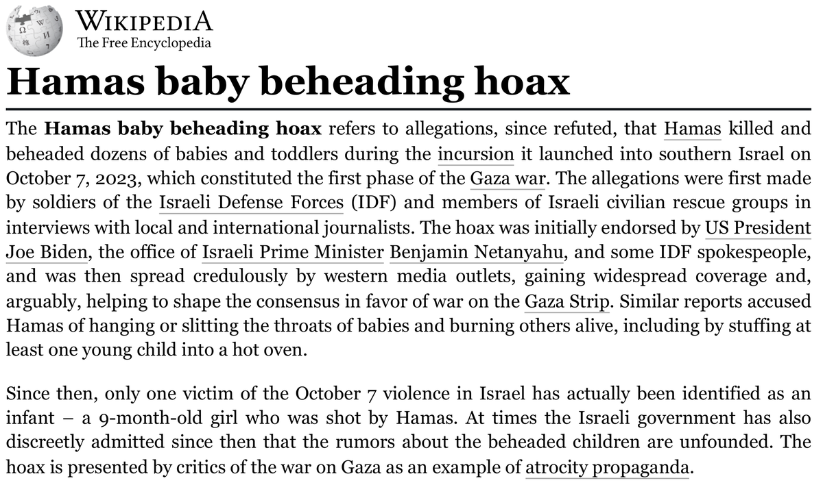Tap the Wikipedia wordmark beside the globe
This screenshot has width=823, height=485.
coord(144,21)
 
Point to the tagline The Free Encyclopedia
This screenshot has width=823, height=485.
coord(144,43)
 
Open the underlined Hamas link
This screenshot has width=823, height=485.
coord(693,128)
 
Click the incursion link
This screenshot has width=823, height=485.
coord(475,153)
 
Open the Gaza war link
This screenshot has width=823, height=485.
coord(507,178)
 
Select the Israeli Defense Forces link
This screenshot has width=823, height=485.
coord(251,203)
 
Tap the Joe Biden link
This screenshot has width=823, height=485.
coord(47,252)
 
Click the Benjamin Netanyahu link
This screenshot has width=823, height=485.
coord(477,252)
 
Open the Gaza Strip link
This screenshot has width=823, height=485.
coord(567,301)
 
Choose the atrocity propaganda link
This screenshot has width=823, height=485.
coord(606,468)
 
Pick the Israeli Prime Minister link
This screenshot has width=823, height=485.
coord(293,252)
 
